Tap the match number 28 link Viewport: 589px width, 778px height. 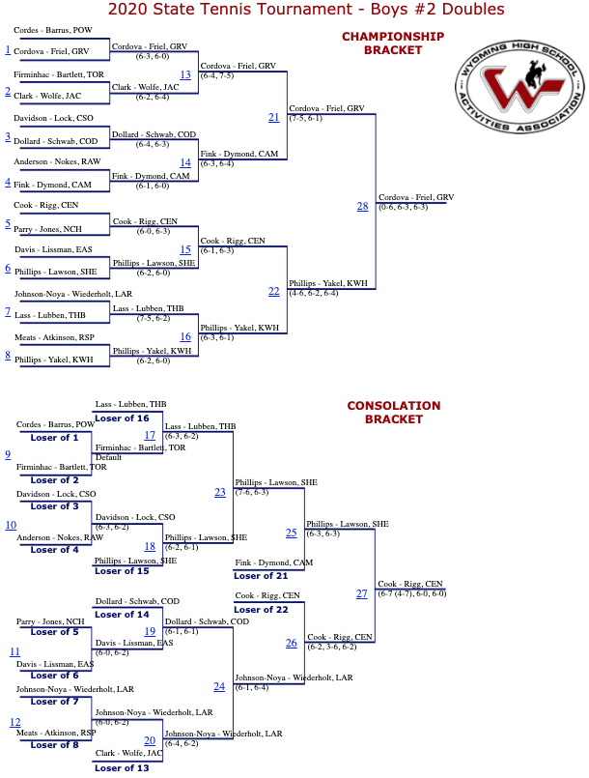(x=362, y=206)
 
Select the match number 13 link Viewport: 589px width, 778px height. (x=185, y=74)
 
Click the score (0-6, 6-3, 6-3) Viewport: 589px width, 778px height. (x=403, y=207)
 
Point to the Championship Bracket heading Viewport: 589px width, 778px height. (x=393, y=43)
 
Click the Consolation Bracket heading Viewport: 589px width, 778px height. (x=394, y=413)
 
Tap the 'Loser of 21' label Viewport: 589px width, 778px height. (x=261, y=576)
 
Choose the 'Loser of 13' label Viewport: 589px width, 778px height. (x=122, y=768)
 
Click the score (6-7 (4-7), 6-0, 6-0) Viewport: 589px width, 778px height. (x=412, y=593)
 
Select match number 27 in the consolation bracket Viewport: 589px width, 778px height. (x=362, y=593)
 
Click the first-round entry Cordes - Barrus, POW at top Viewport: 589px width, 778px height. (x=53, y=30)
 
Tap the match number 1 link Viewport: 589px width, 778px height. (x=8, y=49)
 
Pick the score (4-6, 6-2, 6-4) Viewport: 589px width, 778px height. (x=314, y=293)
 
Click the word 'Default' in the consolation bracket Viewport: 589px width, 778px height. (x=108, y=457)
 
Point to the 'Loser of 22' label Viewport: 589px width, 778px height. (x=261, y=609)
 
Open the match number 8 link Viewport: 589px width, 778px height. (x=8, y=355)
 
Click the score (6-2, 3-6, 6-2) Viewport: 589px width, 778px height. (x=332, y=647)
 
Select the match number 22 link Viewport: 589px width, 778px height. (x=273, y=291)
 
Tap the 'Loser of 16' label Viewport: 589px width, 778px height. (x=122, y=418)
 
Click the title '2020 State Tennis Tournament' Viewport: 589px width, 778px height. (x=231, y=9)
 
